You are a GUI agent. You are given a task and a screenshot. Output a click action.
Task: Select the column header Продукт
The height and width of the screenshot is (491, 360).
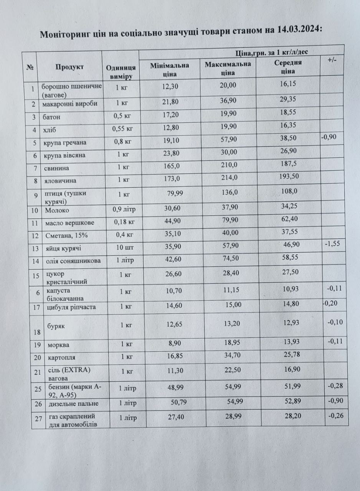pos(69,67)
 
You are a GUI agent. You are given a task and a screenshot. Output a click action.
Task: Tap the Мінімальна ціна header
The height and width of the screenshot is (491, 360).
pos(170,68)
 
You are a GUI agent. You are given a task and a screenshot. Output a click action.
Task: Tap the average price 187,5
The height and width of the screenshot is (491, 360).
pos(288,164)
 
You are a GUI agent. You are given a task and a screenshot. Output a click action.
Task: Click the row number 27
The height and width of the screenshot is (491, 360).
pos(38,419)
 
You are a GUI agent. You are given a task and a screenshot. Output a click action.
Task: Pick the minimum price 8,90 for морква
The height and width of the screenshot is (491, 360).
pos(169,343)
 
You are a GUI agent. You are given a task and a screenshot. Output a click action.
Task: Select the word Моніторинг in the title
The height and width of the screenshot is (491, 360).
pos(63,35)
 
